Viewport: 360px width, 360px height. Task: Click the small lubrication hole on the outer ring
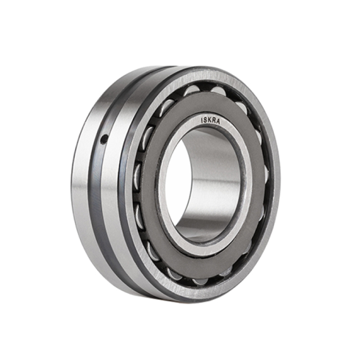(x=104, y=138)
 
